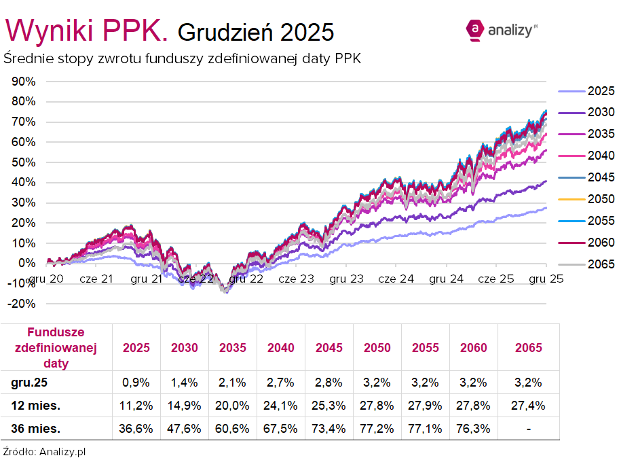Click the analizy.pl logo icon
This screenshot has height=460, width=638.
click(475, 29)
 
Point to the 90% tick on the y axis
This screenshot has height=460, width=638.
click(24, 82)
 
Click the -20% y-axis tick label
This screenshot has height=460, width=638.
click(23, 304)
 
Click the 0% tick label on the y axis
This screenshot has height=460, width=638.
click(28, 263)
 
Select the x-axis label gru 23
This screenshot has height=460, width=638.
click(345, 279)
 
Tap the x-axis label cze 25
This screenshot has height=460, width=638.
click(495, 279)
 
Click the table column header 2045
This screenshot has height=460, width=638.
click(329, 348)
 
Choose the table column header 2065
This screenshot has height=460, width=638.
click(529, 348)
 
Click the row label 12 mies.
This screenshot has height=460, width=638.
click(35, 406)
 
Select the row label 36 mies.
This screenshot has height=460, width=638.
click(35, 429)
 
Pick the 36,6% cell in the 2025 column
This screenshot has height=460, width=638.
click(136, 429)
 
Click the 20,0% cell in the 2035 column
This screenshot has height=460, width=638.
click(233, 406)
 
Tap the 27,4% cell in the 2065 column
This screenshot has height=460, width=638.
click(529, 406)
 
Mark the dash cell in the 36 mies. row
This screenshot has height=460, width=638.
click(529, 429)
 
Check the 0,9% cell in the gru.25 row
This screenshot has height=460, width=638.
click(136, 383)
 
